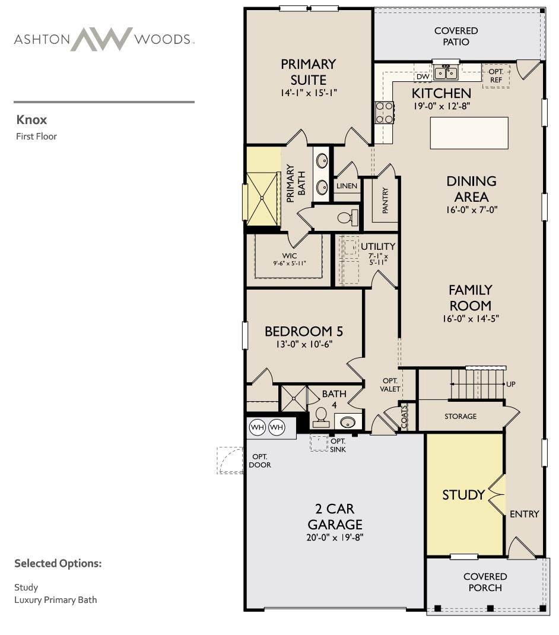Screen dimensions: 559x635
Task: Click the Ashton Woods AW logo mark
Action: (101, 39)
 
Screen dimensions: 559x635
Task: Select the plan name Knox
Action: (31, 120)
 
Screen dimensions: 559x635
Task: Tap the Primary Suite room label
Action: (309, 72)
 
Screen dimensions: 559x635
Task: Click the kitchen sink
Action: (446, 73)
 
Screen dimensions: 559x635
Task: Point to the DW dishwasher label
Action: (423, 77)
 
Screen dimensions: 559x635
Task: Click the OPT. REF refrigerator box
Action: (496, 76)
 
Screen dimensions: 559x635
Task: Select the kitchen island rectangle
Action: (469, 134)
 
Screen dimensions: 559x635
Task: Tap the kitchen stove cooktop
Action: (385, 113)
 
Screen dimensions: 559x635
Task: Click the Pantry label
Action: (385, 200)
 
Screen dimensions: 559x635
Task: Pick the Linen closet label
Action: (347, 186)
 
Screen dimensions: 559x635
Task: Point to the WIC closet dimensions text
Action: (289, 263)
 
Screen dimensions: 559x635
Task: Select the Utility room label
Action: (378, 246)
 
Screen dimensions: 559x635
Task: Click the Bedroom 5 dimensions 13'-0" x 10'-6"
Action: (304, 344)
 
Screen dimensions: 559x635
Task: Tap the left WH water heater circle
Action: (258, 427)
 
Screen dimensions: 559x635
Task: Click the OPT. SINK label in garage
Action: (338, 445)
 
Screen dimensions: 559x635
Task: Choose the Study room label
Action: (463, 495)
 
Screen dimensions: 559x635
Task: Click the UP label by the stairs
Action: (511, 384)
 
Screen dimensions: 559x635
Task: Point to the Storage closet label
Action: (460, 417)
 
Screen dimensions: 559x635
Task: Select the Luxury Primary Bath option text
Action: (56, 600)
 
